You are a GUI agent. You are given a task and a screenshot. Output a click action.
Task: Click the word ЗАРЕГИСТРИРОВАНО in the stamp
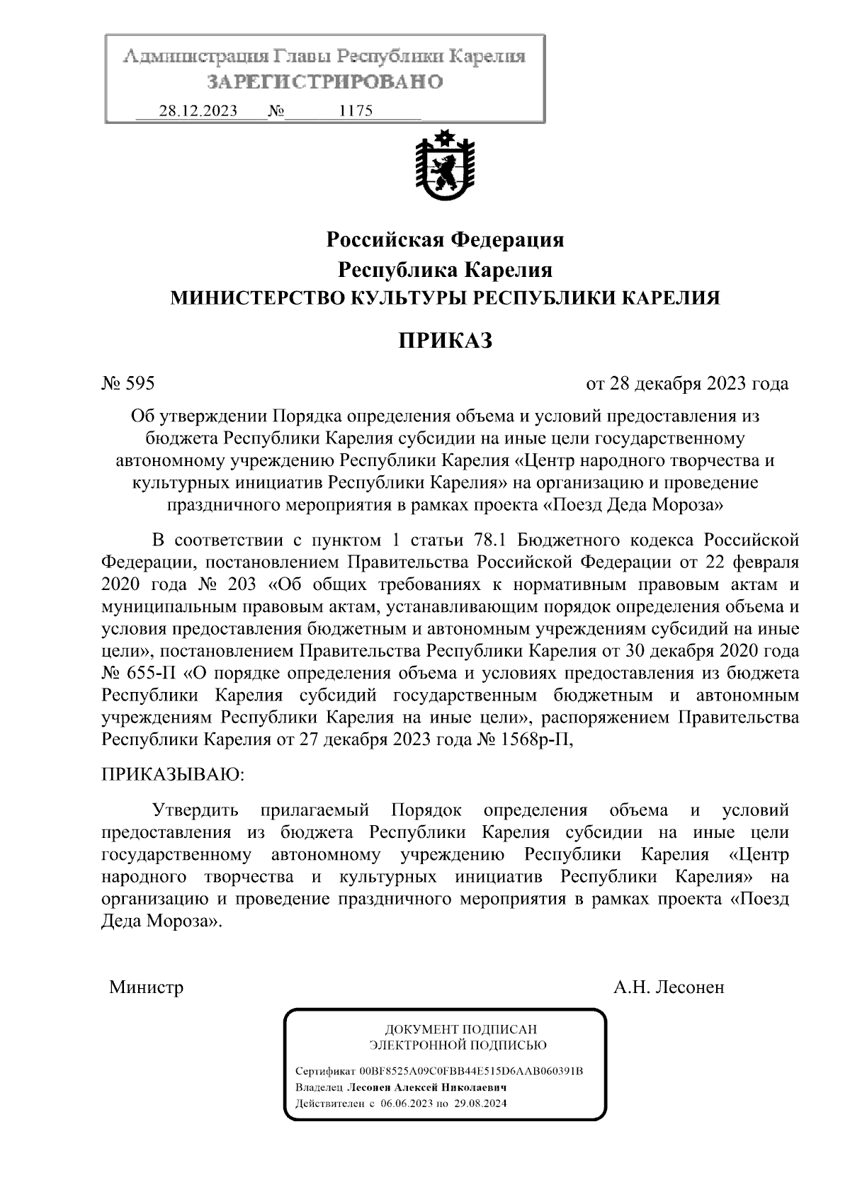click(x=325, y=82)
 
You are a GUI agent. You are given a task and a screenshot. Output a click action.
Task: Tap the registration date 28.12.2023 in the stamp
click(x=198, y=111)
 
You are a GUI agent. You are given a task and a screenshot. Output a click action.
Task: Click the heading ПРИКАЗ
click(x=444, y=341)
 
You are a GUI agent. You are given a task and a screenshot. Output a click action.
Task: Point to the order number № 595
click(x=128, y=385)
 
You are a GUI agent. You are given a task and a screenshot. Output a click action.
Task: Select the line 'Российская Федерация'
click(x=444, y=240)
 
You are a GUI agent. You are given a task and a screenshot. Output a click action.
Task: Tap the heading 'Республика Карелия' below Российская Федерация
click(x=444, y=271)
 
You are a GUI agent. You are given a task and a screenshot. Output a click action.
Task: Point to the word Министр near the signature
click(x=147, y=987)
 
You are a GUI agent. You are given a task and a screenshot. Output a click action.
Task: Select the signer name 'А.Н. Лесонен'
click(x=669, y=987)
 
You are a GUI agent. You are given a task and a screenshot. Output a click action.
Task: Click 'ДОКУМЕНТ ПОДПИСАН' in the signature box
click(x=460, y=1029)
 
